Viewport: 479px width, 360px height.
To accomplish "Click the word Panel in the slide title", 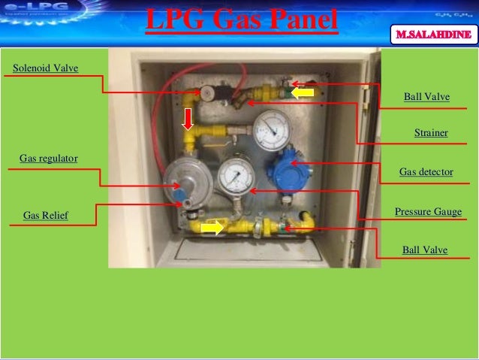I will pyautogui.click(x=293, y=20).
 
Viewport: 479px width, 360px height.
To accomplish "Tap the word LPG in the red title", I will pyautogui.click(x=173, y=20).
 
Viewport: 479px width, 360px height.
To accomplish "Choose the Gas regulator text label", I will pyautogui.click(x=49, y=159).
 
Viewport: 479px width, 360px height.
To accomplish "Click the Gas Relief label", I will pyautogui.click(x=46, y=216).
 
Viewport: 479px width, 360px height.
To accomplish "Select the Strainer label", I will pyautogui.click(x=431, y=132).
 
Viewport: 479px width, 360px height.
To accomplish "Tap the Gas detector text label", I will pyautogui.click(x=426, y=172).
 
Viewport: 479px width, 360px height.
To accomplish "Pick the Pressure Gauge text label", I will pyautogui.click(x=428, y=212).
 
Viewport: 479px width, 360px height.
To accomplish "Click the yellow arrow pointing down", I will pyautogui.click(x=188, y=118).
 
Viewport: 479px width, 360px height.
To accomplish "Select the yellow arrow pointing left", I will pyautogui.click(x=303, y=92).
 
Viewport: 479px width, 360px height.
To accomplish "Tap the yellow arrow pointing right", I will pyautogui.click(x=212, y=227).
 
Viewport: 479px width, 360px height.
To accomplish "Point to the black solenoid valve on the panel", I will pyautogui.click(x=218, y=94).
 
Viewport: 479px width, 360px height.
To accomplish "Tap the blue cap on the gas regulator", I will pyautogui.click(x=182, y=201).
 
